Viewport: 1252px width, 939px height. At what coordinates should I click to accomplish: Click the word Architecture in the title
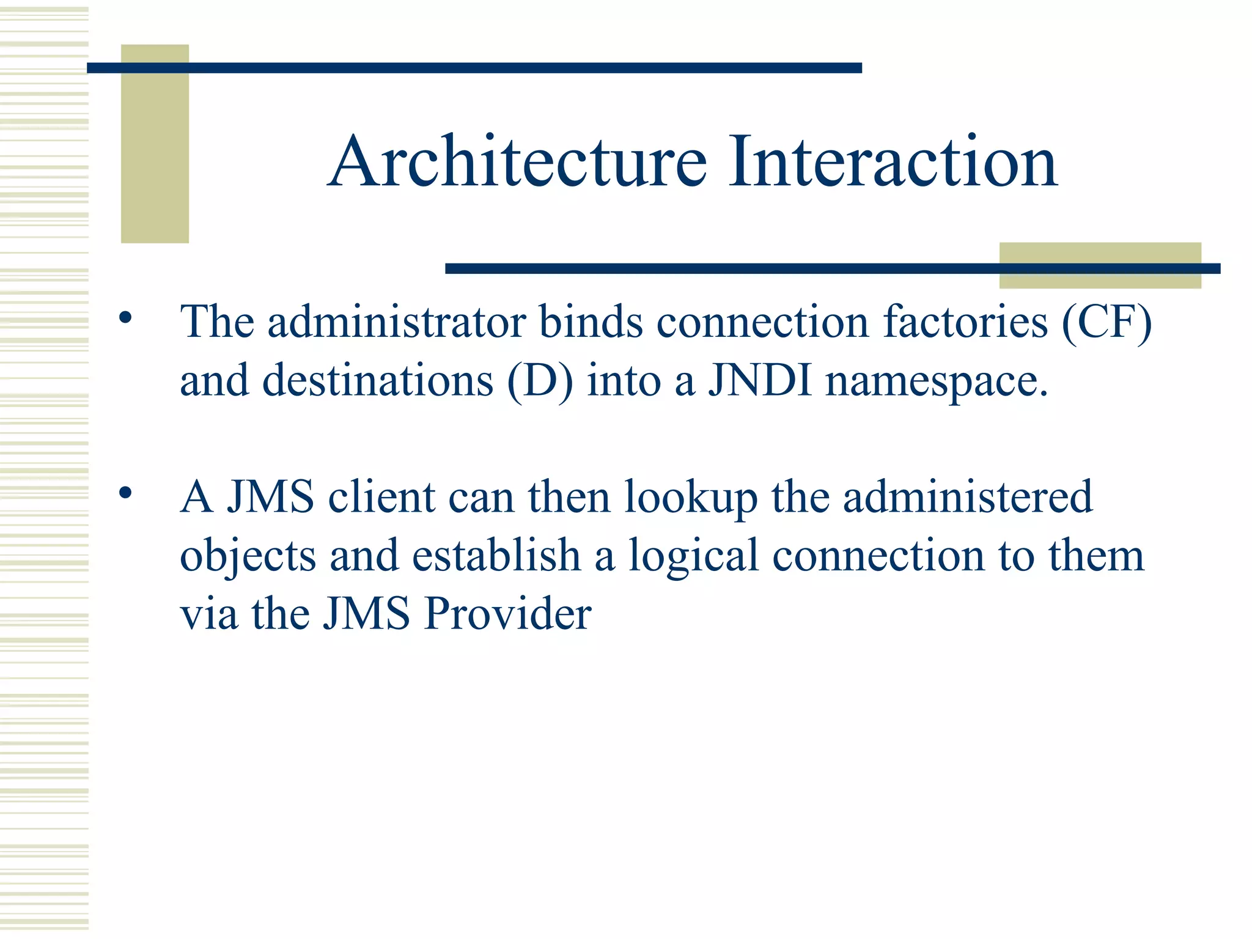517,161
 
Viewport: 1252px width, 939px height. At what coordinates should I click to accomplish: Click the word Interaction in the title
892,161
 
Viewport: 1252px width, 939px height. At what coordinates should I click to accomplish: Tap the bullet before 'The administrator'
125,318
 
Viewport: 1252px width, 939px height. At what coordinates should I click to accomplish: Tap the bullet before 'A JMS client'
125,493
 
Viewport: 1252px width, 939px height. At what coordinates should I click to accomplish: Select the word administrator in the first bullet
397,322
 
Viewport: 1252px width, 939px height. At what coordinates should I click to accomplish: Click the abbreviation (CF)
1107,322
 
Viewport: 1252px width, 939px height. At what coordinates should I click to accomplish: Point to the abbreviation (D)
540,380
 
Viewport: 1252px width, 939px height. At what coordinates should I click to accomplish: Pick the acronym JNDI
760,380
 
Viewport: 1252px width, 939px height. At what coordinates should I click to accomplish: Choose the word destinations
377,380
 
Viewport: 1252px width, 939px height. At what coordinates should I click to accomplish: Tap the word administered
968,496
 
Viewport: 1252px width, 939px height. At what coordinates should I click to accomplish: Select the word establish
496,555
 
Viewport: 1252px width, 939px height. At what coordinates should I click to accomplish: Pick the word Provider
507,613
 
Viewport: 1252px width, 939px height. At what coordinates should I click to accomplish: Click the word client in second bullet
381,496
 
